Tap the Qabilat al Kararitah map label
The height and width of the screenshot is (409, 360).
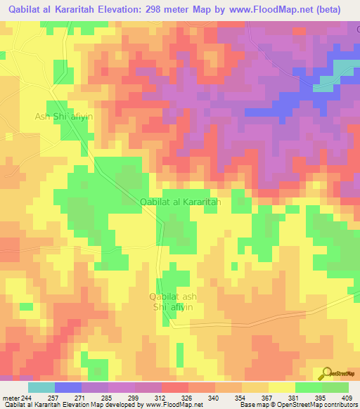pos(181,202)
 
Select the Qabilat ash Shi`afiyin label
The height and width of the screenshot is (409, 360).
pos(173,301)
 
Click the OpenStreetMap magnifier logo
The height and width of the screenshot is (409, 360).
pos(326,372)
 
